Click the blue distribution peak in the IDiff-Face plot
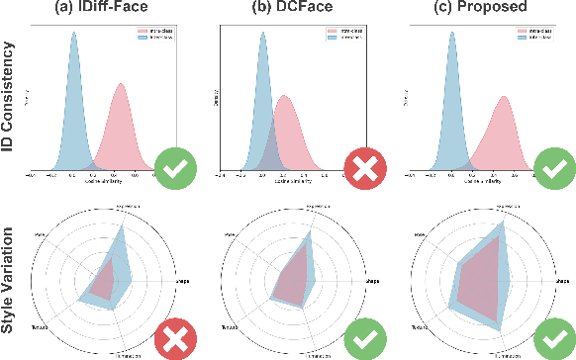coord(72,35)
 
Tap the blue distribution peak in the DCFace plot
coord(262,35)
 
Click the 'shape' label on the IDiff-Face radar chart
coord(183,281)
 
